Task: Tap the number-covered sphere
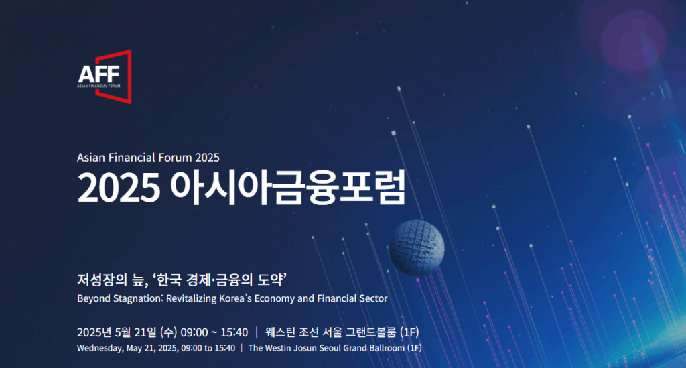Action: click(x=416, y=247)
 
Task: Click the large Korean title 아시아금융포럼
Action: click(x=288, y=188)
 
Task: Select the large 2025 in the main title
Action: click(x=119, y=188)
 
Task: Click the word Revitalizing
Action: click(x=191, y=299)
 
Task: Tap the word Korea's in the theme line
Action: click(x=235, y=298)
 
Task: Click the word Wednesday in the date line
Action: click(x=100, y=349)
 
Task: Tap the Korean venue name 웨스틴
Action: click(x=280, y=332)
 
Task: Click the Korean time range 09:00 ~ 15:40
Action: click(x=214, y=332)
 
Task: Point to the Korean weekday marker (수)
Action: click(x=168, y=332)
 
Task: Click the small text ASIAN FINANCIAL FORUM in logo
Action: click(x=98, y=86)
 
